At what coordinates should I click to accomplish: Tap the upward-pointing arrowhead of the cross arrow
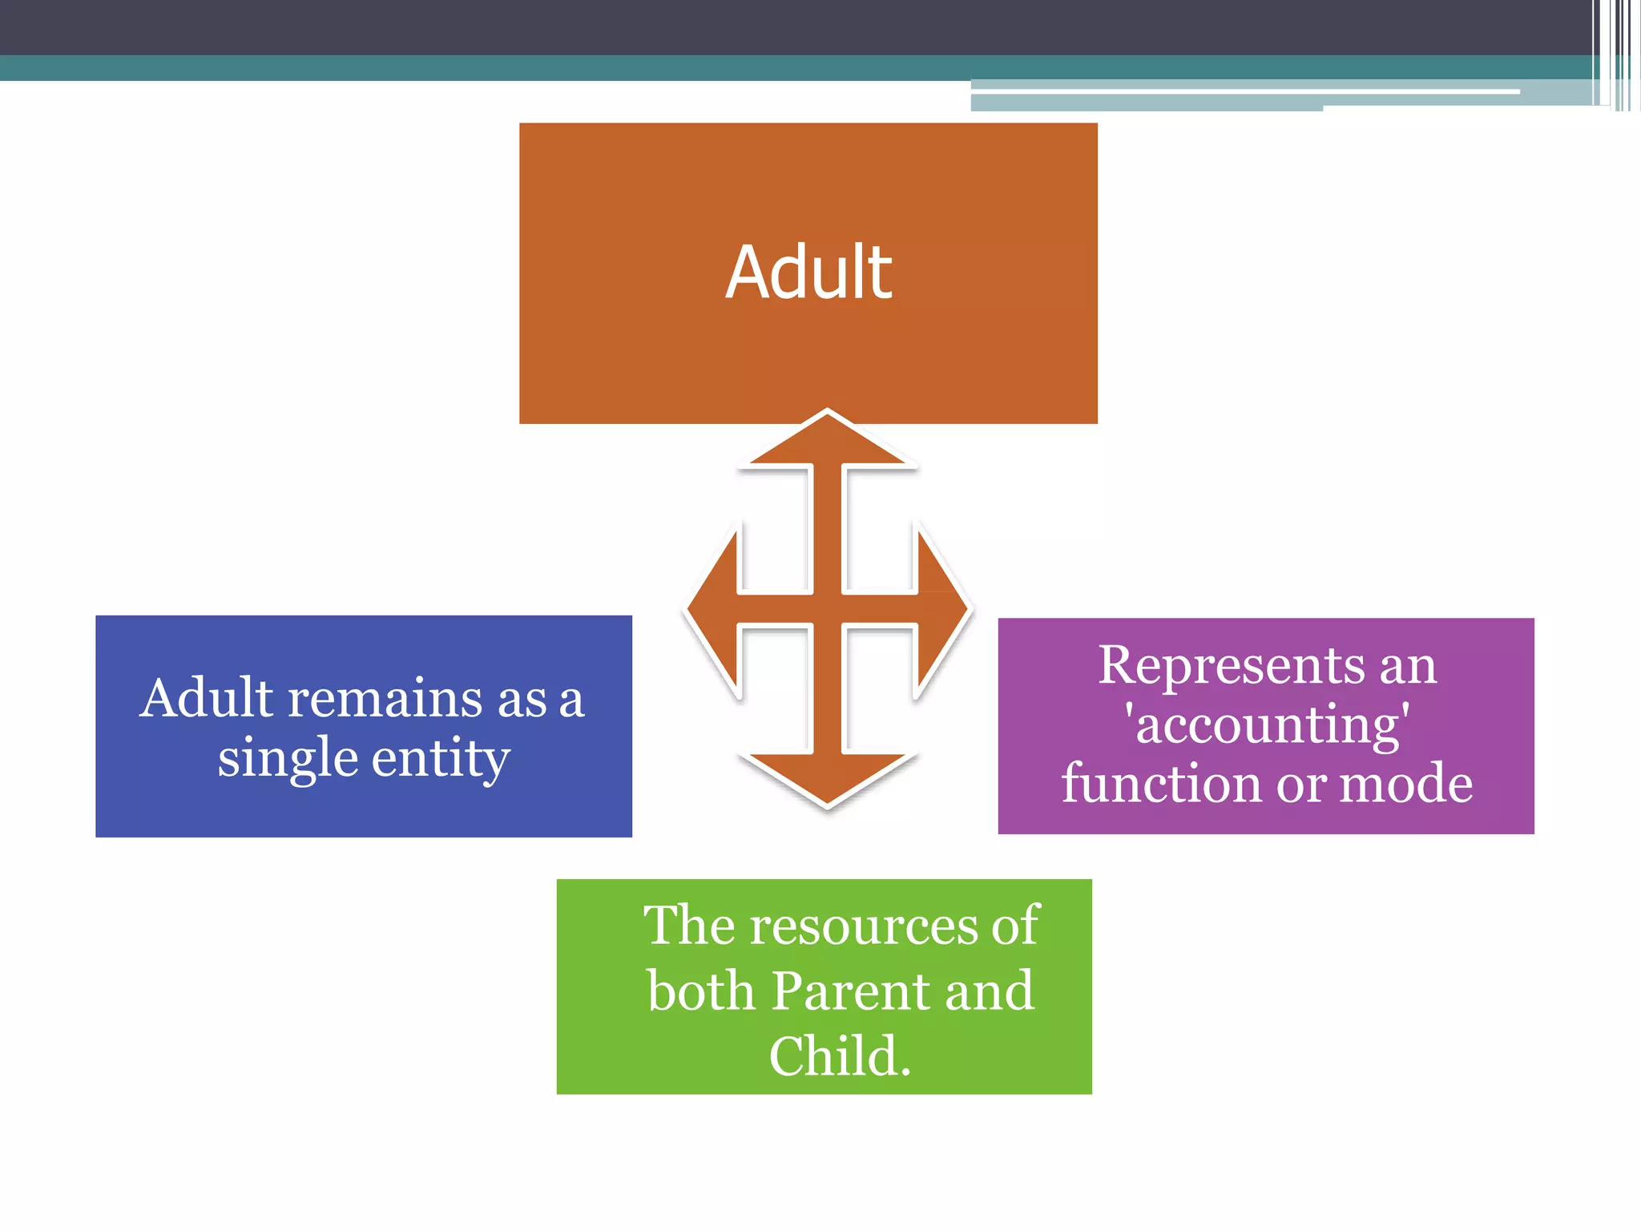(828, 440)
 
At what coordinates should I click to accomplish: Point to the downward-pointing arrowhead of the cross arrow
(828, 777)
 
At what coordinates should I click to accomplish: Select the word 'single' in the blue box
(288, 758)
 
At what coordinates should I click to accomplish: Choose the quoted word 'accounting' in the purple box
(1268, 724)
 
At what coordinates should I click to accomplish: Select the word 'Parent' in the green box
(852, 991)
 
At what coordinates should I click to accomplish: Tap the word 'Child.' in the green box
(840, 1055)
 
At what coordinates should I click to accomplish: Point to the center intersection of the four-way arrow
(828, 609)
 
